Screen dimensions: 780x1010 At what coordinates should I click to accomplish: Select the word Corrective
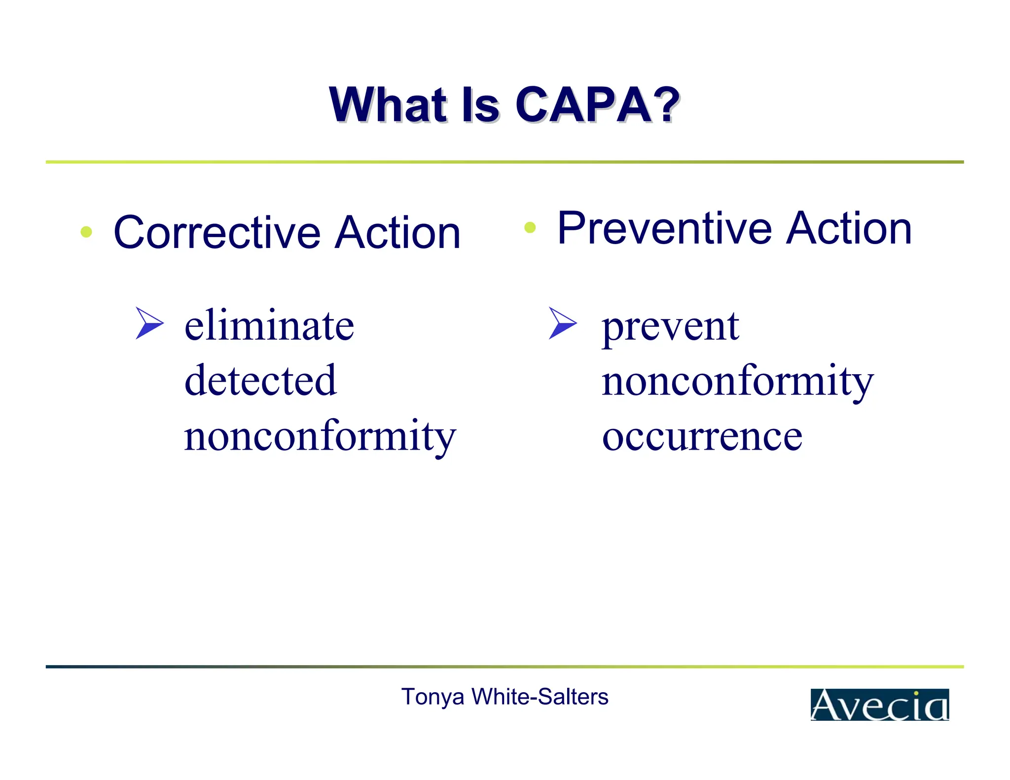pos(217,233)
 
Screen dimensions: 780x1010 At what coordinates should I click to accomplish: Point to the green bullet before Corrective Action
pos(86,232)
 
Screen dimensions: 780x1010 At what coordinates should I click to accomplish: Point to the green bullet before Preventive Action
pos(530,227)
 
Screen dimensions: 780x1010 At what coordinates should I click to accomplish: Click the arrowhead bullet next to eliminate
pos(149,323)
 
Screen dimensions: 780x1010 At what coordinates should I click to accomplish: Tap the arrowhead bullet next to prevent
pos(562,323)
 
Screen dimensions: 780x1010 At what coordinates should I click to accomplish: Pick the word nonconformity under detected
pos(320,437)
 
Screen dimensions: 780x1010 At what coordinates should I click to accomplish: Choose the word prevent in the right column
pos(670,327)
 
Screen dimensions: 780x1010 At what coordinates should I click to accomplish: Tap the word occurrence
pos(702,437)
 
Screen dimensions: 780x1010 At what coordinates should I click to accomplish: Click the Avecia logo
pos(879,705)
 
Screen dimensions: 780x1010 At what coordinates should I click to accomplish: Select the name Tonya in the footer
pos(433,697)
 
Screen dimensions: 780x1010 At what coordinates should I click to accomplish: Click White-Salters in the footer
pos(540,697)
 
